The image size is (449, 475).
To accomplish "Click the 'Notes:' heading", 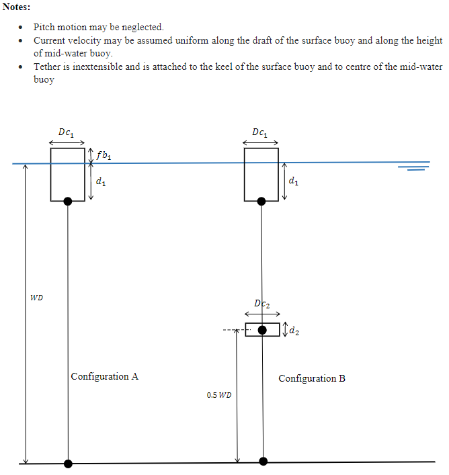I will (x=16, y=7).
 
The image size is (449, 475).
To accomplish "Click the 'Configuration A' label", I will (x=105, y=376).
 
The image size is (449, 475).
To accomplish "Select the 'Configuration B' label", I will (x=312, y=378).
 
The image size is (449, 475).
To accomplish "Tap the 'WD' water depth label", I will (x=36, y=297).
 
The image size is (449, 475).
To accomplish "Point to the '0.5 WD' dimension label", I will (x=219, y=395).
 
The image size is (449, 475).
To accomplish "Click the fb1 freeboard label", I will (x=104, y=155).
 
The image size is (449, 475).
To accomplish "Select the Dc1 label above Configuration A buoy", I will (x=67, y=132).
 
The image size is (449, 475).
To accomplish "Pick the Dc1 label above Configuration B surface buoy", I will (x=260, y=132).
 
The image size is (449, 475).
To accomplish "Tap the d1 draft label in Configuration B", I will (x=293, y=181).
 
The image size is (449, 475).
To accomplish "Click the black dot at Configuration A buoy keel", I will (x=68, y=201).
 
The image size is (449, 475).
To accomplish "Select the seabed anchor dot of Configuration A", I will (x=68, y=463).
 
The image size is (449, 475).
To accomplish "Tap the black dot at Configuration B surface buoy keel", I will (x=261, y=201).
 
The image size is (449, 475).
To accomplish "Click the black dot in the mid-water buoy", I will (x=263, y=330).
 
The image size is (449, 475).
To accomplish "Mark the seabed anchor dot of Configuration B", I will (x=263, y=461).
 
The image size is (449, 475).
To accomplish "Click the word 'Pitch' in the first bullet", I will (x=45, y=28).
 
